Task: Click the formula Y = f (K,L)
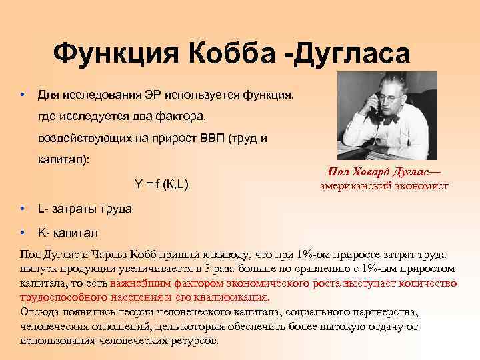[162, 185]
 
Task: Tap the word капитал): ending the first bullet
[63, 161]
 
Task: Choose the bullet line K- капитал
[68, 233]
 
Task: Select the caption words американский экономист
[385, 186]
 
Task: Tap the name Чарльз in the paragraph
[115, 255]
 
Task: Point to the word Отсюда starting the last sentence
[40, 311]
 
